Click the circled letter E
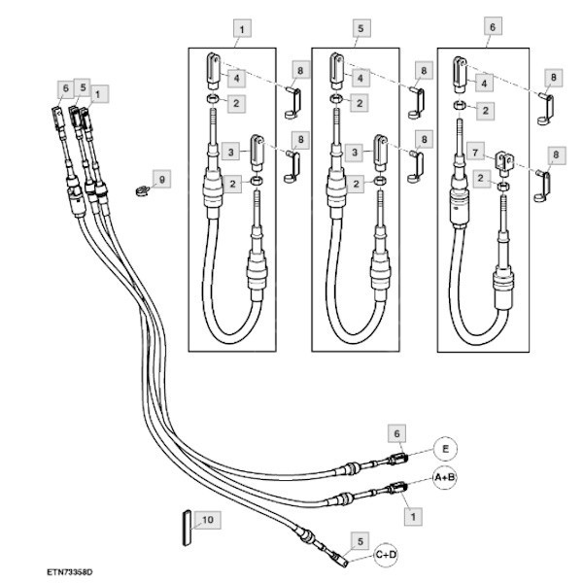click(x=445, y=449)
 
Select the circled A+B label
click(x=445, y=478)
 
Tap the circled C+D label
click(x=386, y=555)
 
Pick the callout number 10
click(x=207, y=520)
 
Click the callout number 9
click(x=162, y=180)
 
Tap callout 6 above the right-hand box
click(x=492, y=28)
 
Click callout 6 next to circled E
click(x=395, y=431)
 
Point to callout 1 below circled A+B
click(x=415, y=516)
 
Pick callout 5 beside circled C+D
click(x=360, y=540)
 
